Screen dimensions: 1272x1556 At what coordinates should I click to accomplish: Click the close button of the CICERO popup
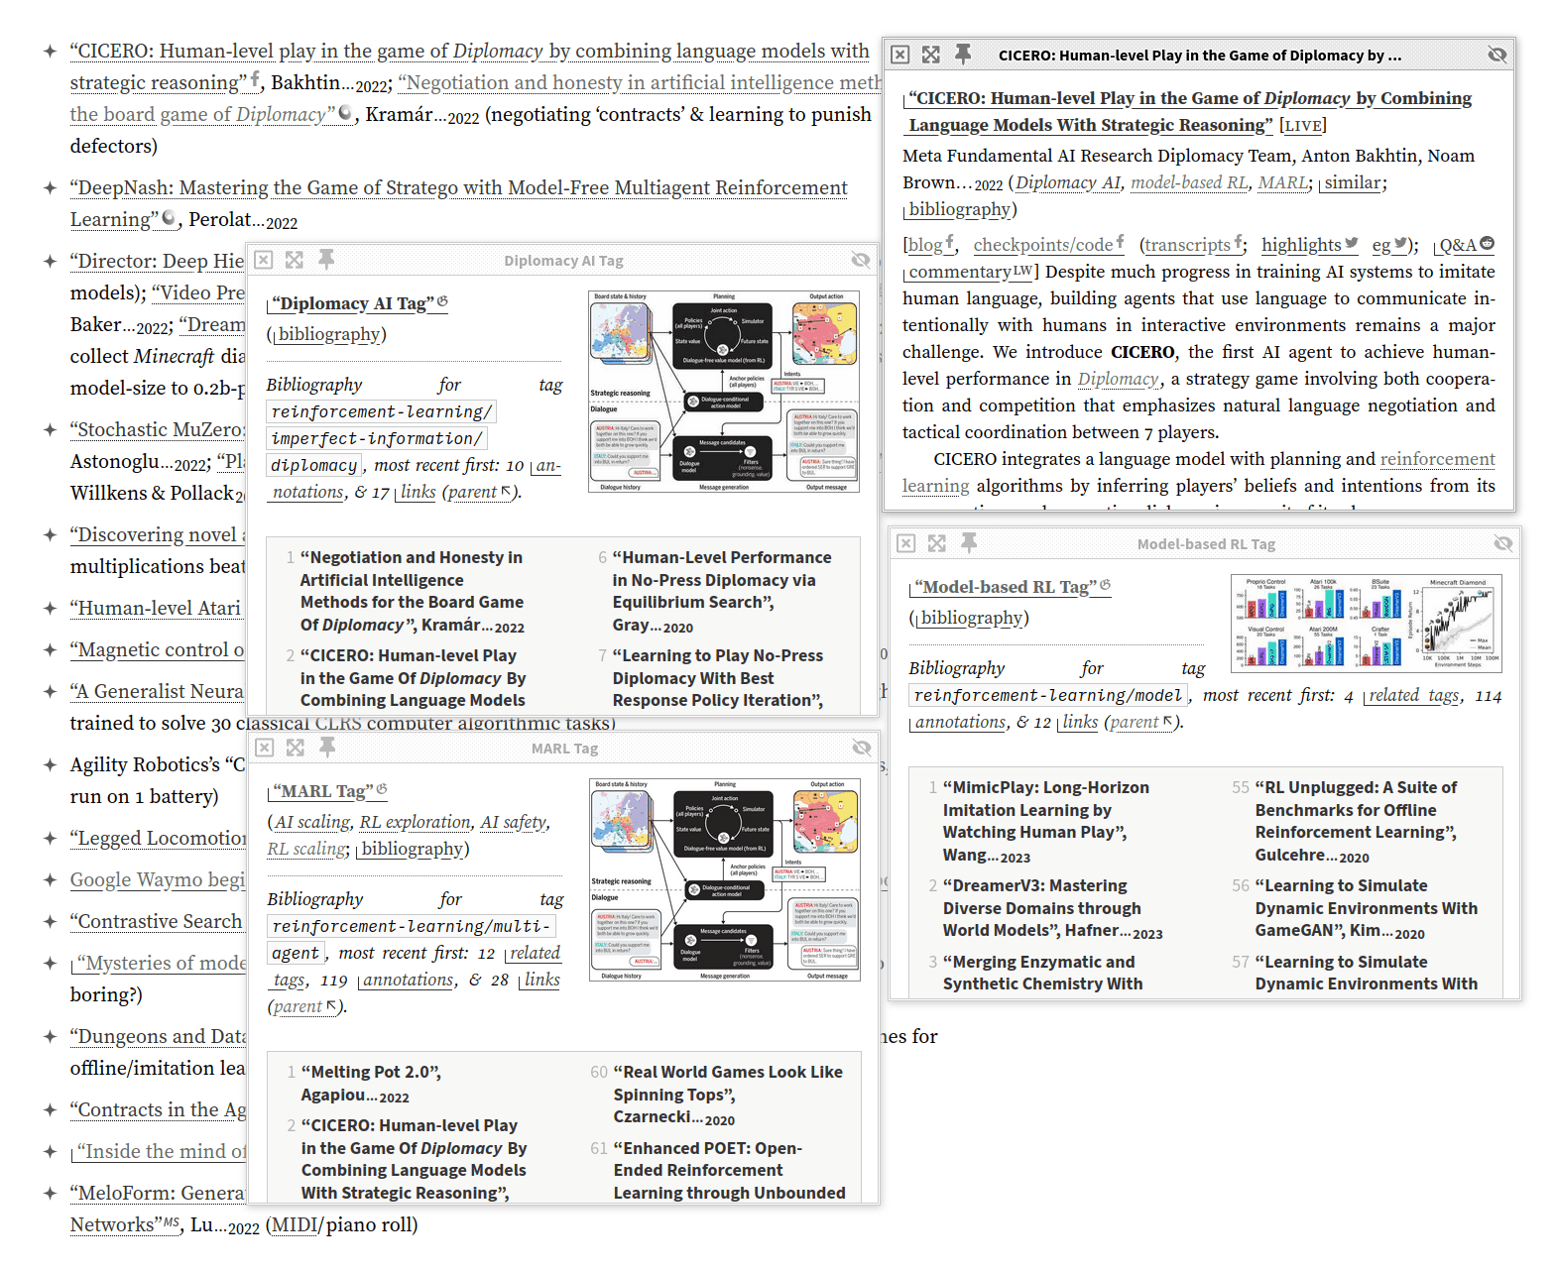point(899,55)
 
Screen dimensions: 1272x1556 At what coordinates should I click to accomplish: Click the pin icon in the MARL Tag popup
point(327,748)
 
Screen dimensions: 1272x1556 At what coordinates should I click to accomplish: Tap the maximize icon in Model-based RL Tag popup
point(937,543)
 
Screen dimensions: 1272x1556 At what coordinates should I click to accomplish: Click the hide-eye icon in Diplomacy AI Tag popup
point(860,260)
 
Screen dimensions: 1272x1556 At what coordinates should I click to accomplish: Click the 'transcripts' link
point(1187,245)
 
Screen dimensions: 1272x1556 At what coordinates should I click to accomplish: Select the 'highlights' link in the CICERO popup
point(1301,245)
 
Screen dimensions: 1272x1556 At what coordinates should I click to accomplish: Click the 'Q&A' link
point(1458,245)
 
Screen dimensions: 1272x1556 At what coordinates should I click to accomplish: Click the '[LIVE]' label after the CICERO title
point(1302,125)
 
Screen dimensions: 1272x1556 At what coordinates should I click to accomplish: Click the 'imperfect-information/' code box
point(377,438)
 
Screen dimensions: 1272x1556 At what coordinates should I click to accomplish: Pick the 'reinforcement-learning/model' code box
point(1047,695)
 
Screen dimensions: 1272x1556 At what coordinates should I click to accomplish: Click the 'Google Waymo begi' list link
point(157,880)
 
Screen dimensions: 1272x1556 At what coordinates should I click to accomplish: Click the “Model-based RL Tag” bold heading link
point(1010,587)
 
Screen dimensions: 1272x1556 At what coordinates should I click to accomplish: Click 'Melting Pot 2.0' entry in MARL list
point(371,1073)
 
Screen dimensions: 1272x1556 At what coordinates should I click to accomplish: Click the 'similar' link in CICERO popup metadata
point(1352,182)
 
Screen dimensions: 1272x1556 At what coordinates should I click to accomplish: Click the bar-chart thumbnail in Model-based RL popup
point(1366,624)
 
